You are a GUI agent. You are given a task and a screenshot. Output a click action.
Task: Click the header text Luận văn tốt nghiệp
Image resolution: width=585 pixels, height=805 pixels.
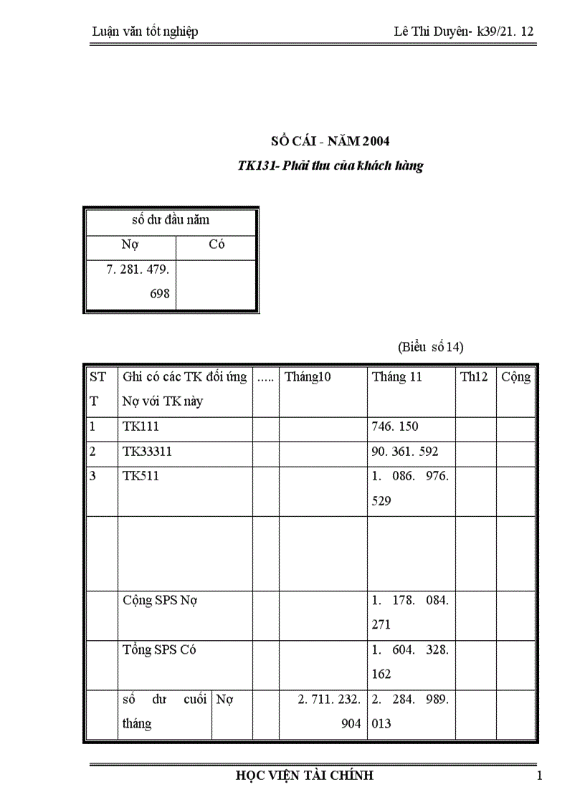(146, 32)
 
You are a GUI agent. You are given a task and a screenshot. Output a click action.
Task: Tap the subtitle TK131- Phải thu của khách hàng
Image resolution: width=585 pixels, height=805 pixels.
(330, 166)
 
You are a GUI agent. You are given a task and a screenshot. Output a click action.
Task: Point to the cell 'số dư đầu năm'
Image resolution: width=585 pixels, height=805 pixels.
(171, 220)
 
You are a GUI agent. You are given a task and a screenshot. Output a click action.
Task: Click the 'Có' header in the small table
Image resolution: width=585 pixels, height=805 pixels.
(217, 244)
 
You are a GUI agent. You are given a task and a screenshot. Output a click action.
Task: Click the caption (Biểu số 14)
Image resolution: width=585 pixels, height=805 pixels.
(431, 347)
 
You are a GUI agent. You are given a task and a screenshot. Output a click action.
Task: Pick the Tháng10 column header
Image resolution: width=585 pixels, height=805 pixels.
(308, 377)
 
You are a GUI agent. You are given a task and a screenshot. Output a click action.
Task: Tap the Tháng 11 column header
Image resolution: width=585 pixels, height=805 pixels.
(396, 377)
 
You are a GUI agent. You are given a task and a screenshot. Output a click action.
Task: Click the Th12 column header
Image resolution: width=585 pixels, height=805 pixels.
(473, 377)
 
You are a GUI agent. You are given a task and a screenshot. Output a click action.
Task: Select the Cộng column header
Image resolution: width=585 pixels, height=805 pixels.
(515, 377)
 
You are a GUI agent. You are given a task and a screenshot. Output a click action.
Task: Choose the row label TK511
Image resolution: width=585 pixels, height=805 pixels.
(141, 476)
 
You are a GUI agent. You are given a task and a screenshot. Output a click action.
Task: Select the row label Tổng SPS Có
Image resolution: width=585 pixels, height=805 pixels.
(159, 650)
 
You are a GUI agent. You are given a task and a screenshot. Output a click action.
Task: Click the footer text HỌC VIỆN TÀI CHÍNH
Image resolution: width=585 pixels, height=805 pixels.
(305, 776)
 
